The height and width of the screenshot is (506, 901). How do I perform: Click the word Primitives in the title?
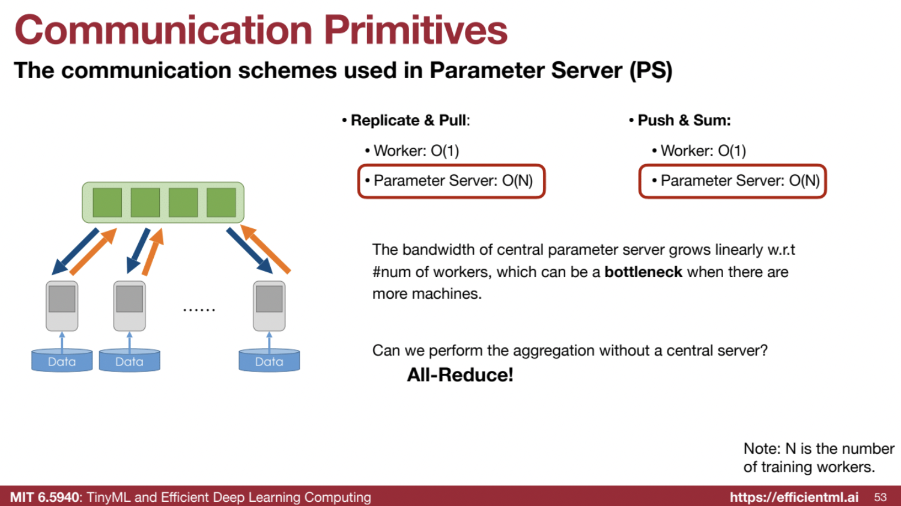pos(416,30)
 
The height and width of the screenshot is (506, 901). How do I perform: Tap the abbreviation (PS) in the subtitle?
pos(651,70)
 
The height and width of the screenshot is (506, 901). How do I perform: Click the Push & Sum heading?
pos(684,120)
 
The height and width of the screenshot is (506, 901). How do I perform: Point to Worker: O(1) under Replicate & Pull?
pos(416,151)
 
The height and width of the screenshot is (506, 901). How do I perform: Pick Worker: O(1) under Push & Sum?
pos(703,151)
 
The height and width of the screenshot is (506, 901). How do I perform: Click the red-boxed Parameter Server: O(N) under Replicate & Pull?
pos(452,181)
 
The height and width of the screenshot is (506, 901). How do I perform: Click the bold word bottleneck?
pos(643,272)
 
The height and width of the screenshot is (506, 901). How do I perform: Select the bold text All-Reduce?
pos(460,375)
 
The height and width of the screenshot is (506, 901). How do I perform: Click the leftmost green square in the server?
pos(108,203)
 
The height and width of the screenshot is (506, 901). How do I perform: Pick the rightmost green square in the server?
pos(221,203)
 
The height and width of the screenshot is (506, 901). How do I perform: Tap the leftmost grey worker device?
pos(62,305)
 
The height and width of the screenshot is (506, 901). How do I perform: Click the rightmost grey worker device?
pos(269,305)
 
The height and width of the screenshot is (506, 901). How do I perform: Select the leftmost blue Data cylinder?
pos(62,361)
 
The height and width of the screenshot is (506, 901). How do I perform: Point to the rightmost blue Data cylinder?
pos(269,361)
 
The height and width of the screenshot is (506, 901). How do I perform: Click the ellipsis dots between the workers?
pos(199,310)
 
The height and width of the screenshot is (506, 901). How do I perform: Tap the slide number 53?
pos(880,497)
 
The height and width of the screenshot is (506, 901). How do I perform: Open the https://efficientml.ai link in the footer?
pos(794,497)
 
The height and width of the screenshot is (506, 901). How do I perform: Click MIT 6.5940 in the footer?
pos(45,497)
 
